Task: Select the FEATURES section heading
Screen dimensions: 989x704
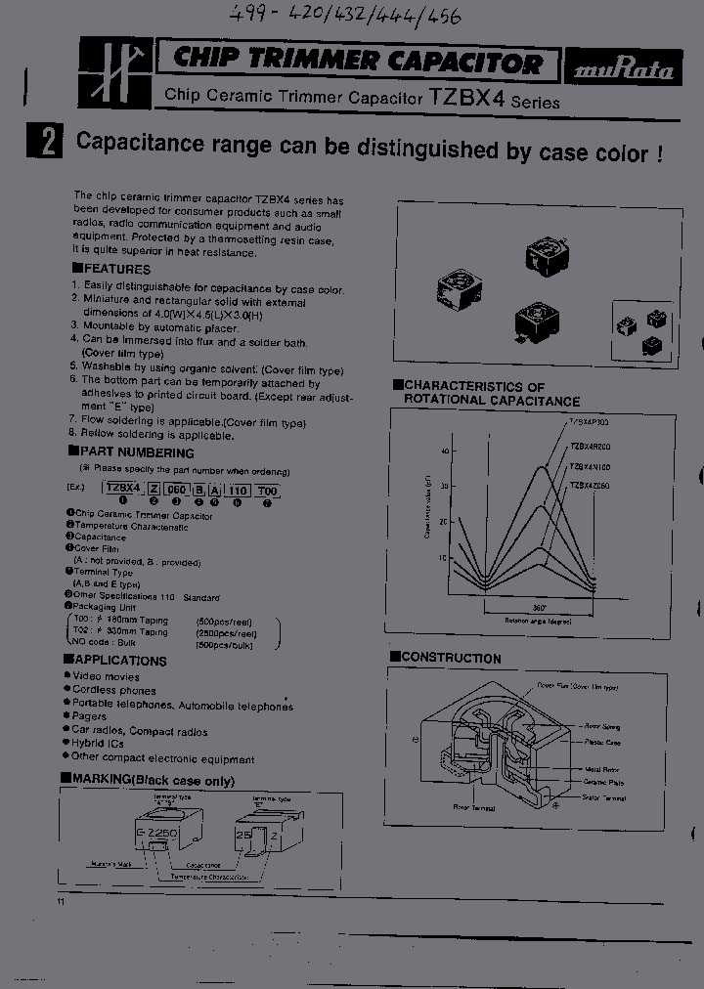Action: (112, 269)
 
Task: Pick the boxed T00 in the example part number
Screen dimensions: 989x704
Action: (267, 489)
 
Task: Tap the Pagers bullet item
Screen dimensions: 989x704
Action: (90, 717)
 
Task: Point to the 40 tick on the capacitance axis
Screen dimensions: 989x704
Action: (444, 451)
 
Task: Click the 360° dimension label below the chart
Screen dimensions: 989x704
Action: (539, 607)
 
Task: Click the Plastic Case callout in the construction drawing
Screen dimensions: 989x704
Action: (603, 743)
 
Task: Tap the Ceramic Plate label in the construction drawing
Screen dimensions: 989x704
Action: (603, 783)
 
